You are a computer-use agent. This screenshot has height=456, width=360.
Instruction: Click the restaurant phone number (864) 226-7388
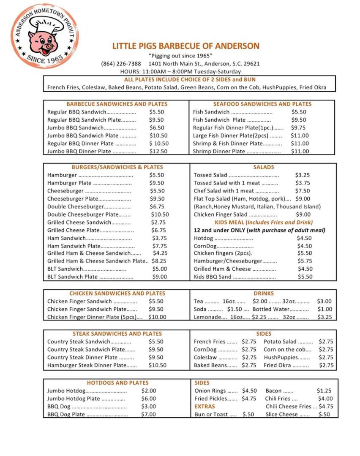point(121,64)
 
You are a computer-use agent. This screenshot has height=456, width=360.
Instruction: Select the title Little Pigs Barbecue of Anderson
point(186,46)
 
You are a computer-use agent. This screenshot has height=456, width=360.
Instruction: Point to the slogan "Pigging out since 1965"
point(180,56)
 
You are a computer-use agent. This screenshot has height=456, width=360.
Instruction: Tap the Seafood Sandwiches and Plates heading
point(262,104)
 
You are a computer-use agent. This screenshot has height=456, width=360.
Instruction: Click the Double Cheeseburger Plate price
point(160,214)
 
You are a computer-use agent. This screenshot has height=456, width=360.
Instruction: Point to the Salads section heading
point(264,167)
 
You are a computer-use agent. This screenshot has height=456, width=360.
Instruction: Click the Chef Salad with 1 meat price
point(303,191)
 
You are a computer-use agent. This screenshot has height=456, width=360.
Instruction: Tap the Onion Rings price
point(249,391)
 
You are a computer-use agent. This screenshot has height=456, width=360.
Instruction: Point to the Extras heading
point(205,407)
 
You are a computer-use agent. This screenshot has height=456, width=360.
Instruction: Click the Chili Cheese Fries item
point(289,407)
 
